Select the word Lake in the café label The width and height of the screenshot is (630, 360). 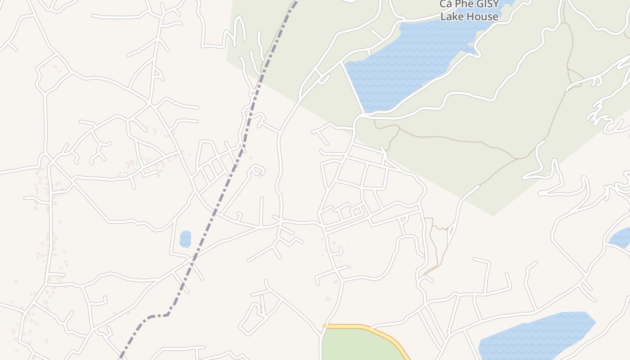point(452,17)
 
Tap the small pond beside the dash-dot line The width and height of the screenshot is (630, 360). point(185,239)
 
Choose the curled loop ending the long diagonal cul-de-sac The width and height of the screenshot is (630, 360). point(256,171)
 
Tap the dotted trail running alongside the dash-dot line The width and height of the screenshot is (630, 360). point(270,49)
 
